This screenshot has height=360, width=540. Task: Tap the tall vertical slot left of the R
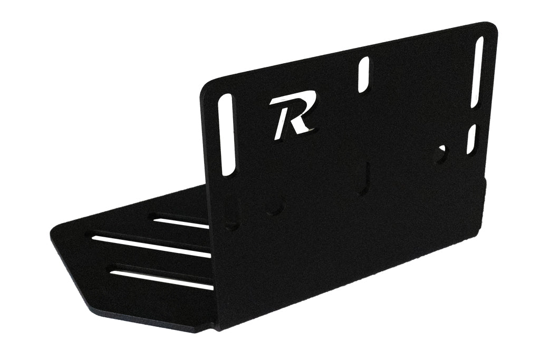point(227,134)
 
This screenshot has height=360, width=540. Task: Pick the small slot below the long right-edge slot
point(471,139)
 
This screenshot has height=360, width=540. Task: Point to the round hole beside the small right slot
point(441,152)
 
